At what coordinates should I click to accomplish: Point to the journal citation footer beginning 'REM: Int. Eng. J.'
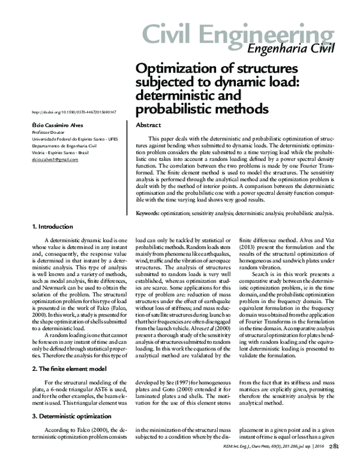[x=279, y=447]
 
